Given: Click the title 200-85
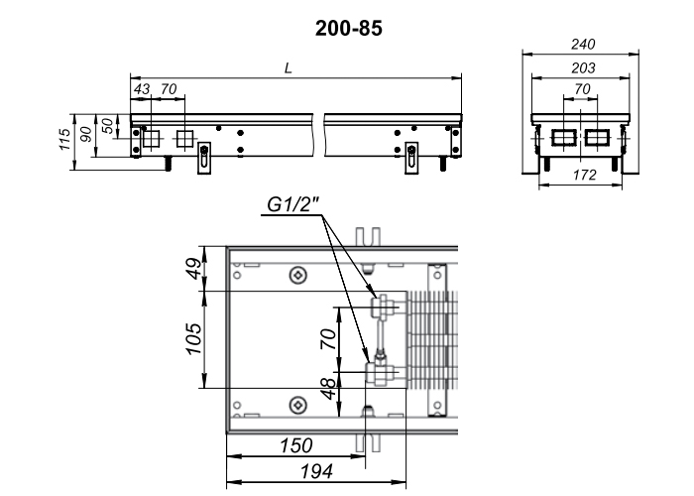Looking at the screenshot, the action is coord(348,29).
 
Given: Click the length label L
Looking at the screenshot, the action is coord(289,68).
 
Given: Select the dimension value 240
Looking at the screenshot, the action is coord(583,45).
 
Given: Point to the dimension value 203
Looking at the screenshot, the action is coord(583,68).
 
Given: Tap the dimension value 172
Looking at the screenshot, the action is coord(585,176).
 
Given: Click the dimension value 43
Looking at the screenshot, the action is coord(142,89).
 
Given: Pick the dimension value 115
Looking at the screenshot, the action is coord(65,139).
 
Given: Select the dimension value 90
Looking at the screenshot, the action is coord(86,134).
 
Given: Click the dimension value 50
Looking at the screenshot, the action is coord(107,126).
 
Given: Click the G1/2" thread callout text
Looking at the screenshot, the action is coord(293,204).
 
